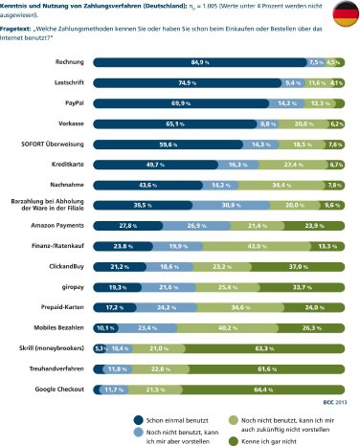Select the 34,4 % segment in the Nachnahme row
281,184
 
